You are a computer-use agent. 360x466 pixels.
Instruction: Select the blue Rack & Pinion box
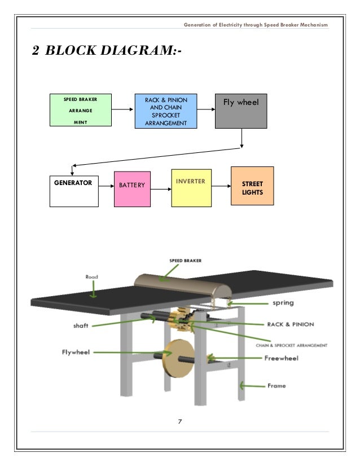point(165,111)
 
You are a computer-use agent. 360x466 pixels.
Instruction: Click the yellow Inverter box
point(191,188)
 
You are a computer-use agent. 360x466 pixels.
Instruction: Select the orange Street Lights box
point(252,186)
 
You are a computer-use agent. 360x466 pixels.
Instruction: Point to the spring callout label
point(283,303)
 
